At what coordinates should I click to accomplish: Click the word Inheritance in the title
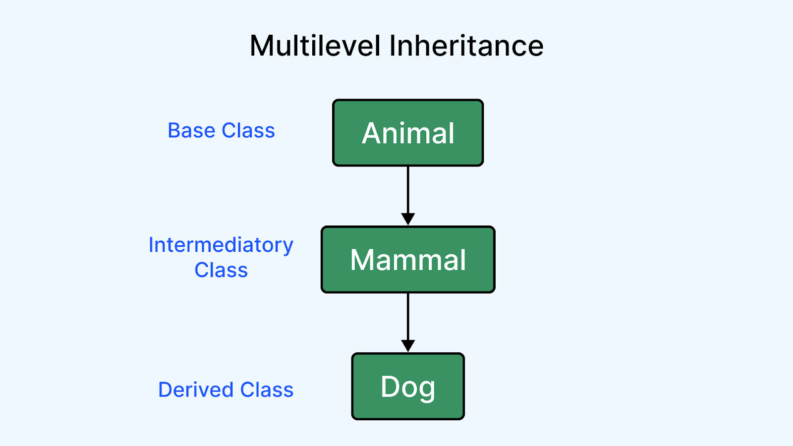click(466, 46)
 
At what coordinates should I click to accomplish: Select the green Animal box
click(408, 133)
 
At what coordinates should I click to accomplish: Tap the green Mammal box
click(408, 260)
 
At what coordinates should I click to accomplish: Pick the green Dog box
click(408, 386)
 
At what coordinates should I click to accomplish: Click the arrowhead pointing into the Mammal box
click(408, 219)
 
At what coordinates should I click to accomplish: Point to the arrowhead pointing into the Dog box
click(408, 345)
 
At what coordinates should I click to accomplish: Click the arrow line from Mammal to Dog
click(408, 323)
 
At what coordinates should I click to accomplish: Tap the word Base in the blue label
click(191, 130)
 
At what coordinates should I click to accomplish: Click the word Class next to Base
click(248, 130)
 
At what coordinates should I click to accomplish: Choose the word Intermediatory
click(221, 245)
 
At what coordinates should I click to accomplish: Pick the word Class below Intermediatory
click(221, 270)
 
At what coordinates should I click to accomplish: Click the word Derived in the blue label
click(196, 390)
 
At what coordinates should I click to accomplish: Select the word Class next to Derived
click(267, 390)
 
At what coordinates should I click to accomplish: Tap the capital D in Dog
click(391, 386)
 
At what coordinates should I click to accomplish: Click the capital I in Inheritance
click(393, 46)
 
